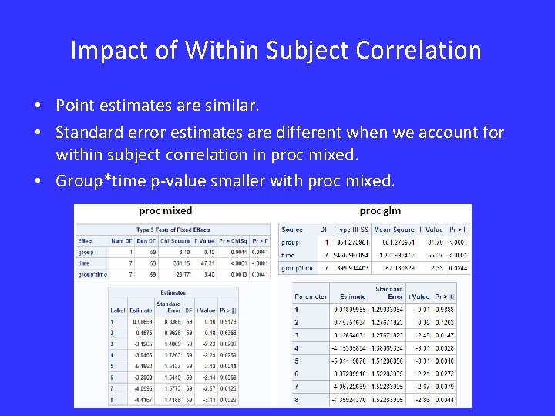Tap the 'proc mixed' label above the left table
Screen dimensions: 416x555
pos(165,210)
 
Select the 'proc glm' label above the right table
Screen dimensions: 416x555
pos(380,210)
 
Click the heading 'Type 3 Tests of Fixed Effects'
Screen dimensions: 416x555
pos(173,230)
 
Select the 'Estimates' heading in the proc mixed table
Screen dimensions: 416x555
pos(173,293)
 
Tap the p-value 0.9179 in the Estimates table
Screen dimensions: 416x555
pos(227,321)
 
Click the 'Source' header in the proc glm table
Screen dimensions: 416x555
pos(292,229)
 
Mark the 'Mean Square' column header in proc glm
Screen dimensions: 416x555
pos(392,229)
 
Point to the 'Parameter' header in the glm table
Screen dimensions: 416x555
pos(311,295)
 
